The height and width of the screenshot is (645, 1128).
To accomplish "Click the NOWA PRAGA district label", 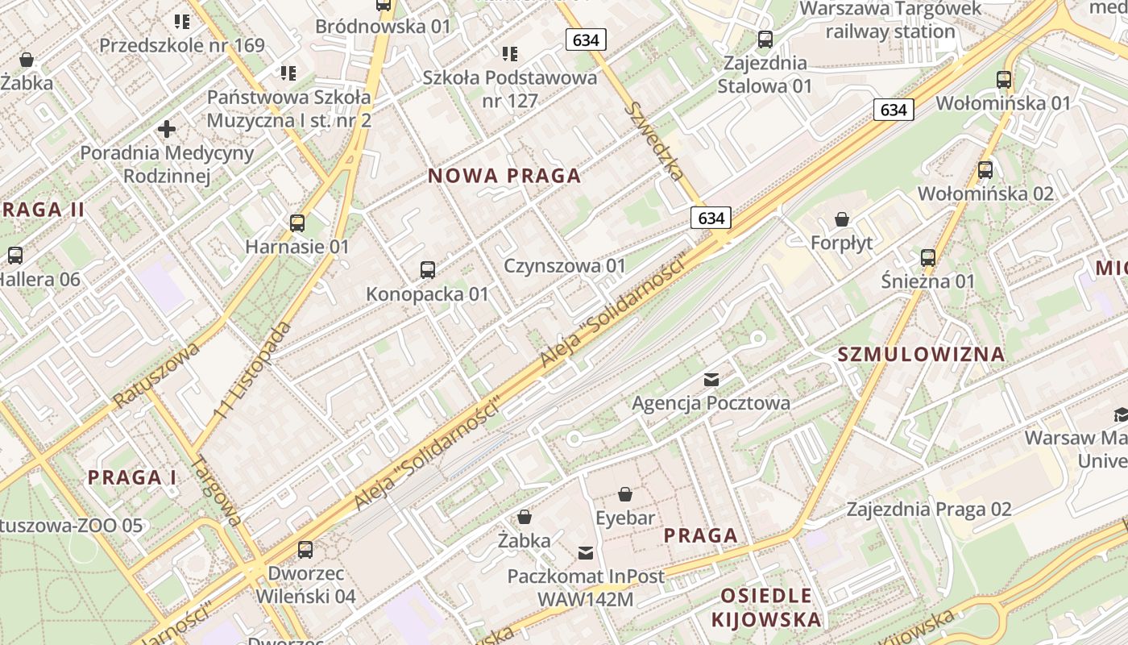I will (504, 176).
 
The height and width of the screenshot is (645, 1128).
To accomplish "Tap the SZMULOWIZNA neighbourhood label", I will (921, 354).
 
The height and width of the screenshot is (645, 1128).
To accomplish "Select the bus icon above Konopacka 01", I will (428, 270).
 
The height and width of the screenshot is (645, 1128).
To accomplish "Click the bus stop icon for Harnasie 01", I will (297, 223).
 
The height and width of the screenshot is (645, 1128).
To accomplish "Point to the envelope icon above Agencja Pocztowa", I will (711, 379).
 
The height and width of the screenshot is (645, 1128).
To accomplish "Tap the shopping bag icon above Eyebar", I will (625, 494).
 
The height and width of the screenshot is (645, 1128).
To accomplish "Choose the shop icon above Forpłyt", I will (842, 219).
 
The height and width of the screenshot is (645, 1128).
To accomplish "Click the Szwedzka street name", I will (657, 140).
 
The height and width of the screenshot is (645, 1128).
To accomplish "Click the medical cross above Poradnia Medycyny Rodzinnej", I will (167, 129).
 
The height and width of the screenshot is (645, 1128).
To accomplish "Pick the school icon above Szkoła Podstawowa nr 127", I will (510, 54).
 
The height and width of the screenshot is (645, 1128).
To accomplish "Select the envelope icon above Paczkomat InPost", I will (586, 553).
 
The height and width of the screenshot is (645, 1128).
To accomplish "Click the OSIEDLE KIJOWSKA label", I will (766, 607).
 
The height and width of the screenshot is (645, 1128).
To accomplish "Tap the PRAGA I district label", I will (132, 476).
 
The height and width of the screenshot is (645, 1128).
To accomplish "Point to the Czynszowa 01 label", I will (565, 265).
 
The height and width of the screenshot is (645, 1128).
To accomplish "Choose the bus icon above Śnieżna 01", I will (928, 258).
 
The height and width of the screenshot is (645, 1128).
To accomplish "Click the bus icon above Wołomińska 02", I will (985, 170).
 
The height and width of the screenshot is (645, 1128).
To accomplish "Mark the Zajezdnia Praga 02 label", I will (928, 509).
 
